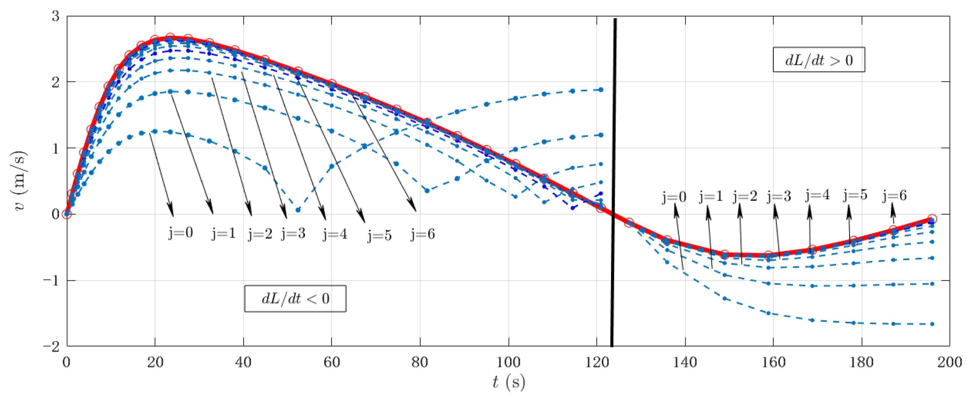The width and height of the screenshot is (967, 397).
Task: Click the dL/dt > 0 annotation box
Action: [x=818, y=60]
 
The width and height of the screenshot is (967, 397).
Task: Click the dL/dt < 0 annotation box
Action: [x=295, y=299]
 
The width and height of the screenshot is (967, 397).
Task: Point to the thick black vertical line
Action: [x=613, y=180]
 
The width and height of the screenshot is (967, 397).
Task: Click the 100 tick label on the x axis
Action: [x=508, y=362]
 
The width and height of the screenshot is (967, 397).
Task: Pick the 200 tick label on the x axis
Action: [x=950, y=362]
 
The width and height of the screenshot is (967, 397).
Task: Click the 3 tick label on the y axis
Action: [x=56, y=17]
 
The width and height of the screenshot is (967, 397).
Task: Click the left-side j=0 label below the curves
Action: [x=181, y=233]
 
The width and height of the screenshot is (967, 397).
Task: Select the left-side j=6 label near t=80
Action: [x=423, y=234]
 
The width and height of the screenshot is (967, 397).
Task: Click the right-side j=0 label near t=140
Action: [x=674, y=197]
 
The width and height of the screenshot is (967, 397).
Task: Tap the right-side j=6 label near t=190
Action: [x=894, y=195]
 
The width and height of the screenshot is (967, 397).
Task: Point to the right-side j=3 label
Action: [x=779, y=196]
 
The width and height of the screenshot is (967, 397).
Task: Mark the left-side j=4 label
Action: [x=335, y=234]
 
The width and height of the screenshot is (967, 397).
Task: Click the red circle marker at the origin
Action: [x=67, y=214]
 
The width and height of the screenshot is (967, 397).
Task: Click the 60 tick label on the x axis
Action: [x=331, y=362]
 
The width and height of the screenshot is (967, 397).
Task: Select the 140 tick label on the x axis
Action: [x=685, y=362]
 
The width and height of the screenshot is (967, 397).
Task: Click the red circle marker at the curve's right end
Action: [x=932, y=219]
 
